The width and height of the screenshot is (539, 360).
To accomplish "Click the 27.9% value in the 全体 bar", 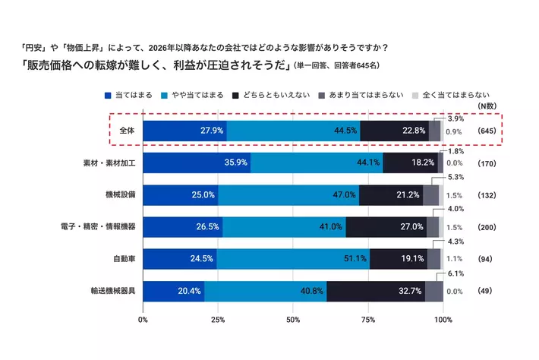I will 212,131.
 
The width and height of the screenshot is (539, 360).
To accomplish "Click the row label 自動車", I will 122,259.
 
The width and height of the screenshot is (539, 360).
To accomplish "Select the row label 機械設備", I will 119,195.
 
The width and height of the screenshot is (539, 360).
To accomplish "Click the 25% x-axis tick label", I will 218,319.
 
